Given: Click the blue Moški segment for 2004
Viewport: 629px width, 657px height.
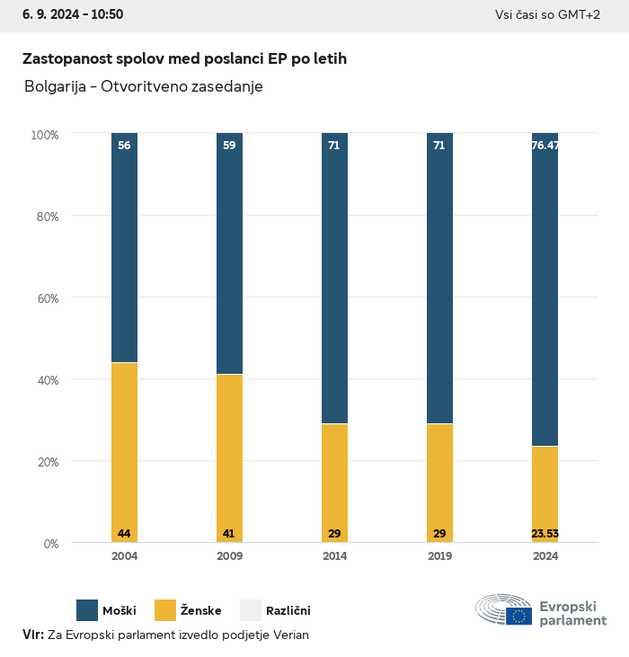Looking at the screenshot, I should [x=124, y=248].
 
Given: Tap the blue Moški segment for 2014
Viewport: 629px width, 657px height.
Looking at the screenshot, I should [x=334, y=279].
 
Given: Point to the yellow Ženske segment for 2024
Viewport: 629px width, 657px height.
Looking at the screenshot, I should [x=545, y=490].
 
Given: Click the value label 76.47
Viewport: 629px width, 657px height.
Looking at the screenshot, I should [x=545, y=145].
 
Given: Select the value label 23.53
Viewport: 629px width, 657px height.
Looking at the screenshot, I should [x=545, y=534].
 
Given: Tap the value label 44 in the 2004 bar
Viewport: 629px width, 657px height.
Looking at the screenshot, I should [x=124, y=534].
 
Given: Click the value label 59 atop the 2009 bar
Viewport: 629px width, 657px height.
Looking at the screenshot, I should [x=229, y=145].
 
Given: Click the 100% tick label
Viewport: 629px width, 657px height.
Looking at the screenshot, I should [x=44, y=135].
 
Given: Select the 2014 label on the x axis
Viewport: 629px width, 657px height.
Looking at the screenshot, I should [x=334, y=556].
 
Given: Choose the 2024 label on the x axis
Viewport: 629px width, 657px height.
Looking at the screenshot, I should [x=545, y=556].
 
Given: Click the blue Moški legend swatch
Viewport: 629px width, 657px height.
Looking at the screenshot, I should [x=87, y=610].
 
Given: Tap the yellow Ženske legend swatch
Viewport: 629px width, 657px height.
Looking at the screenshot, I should [x=166, y=610].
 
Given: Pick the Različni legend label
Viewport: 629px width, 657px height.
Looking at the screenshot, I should [x=288, y=611].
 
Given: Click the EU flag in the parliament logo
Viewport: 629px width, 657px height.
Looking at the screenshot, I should [x=518, y=616].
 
